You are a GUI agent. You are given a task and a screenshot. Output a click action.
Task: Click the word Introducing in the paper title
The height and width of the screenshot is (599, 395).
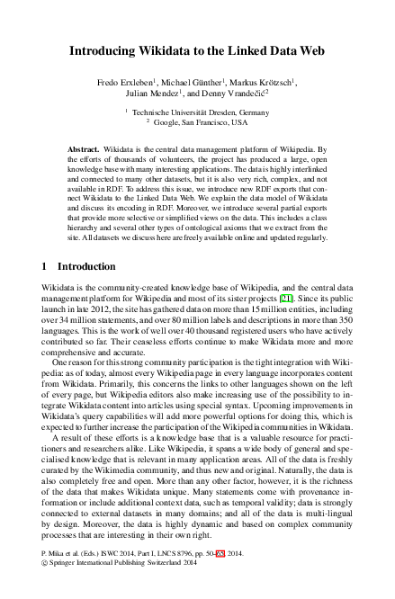click(x=101, y=53)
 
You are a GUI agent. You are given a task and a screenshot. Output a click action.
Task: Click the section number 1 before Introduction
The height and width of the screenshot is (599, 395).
click(x=46, y=266)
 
